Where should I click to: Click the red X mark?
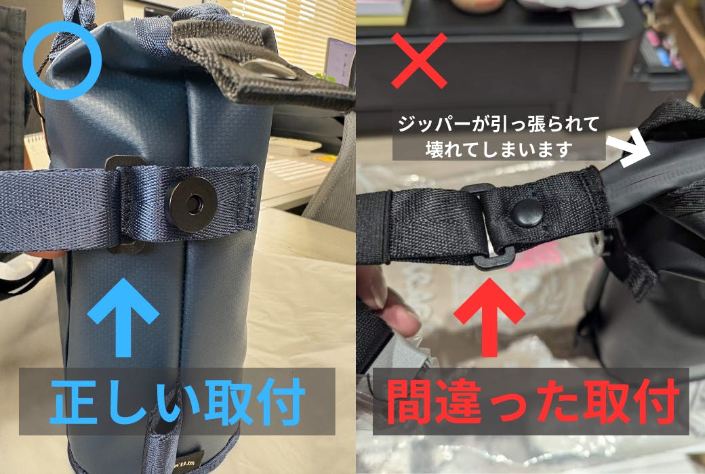click(419, 60)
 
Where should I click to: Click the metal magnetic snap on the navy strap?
click(193, 204)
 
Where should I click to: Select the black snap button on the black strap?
click(528, 212)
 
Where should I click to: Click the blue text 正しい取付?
click(178, 402)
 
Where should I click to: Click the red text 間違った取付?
click(533, 402)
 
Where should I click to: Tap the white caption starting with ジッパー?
click(498, 137)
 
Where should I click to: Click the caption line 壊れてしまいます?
click(498, 149)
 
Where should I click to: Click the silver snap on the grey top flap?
click(269, 69)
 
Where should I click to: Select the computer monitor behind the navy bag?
click(340, 61)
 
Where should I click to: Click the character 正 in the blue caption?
click(73, 402)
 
